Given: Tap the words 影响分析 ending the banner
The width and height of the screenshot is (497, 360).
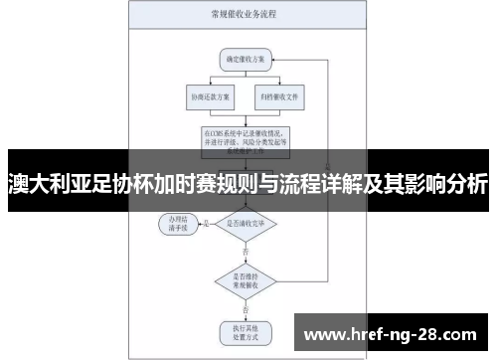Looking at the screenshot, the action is (x=447, y=184).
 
